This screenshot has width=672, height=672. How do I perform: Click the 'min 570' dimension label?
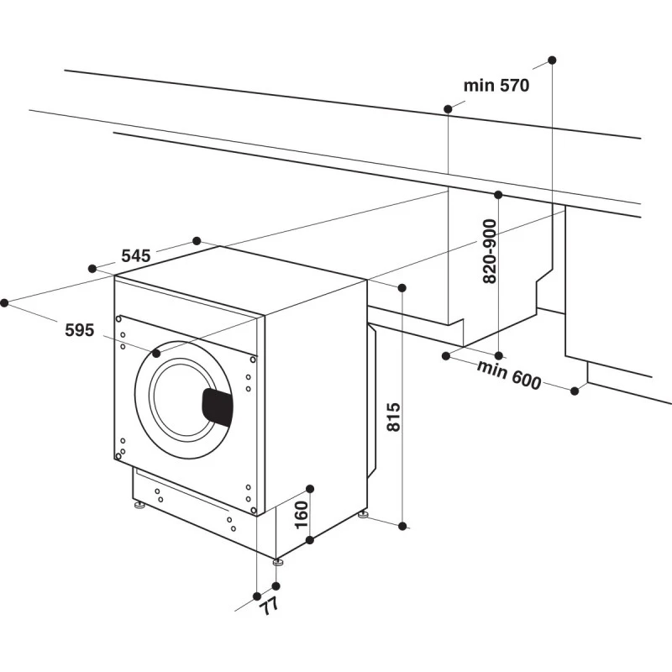[496, 85]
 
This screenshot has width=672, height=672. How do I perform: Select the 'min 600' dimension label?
[509, 375]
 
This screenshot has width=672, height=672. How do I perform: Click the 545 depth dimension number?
[136, 256]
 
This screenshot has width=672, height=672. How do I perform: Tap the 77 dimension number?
[268, 604]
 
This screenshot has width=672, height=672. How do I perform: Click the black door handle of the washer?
[218, 407]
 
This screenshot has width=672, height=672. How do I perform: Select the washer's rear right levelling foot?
[363, 513]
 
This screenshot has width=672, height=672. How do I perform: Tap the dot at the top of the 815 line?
[402, 288]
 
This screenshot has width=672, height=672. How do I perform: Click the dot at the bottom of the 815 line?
[402, 526]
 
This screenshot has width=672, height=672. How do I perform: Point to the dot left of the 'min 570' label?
[448, 108]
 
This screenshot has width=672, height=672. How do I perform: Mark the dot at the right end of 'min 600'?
[575, 391]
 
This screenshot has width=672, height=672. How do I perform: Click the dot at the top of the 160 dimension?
[309, 488]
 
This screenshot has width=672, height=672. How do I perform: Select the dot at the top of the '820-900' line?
[498, 195]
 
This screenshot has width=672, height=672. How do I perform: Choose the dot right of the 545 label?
[197, 241]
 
